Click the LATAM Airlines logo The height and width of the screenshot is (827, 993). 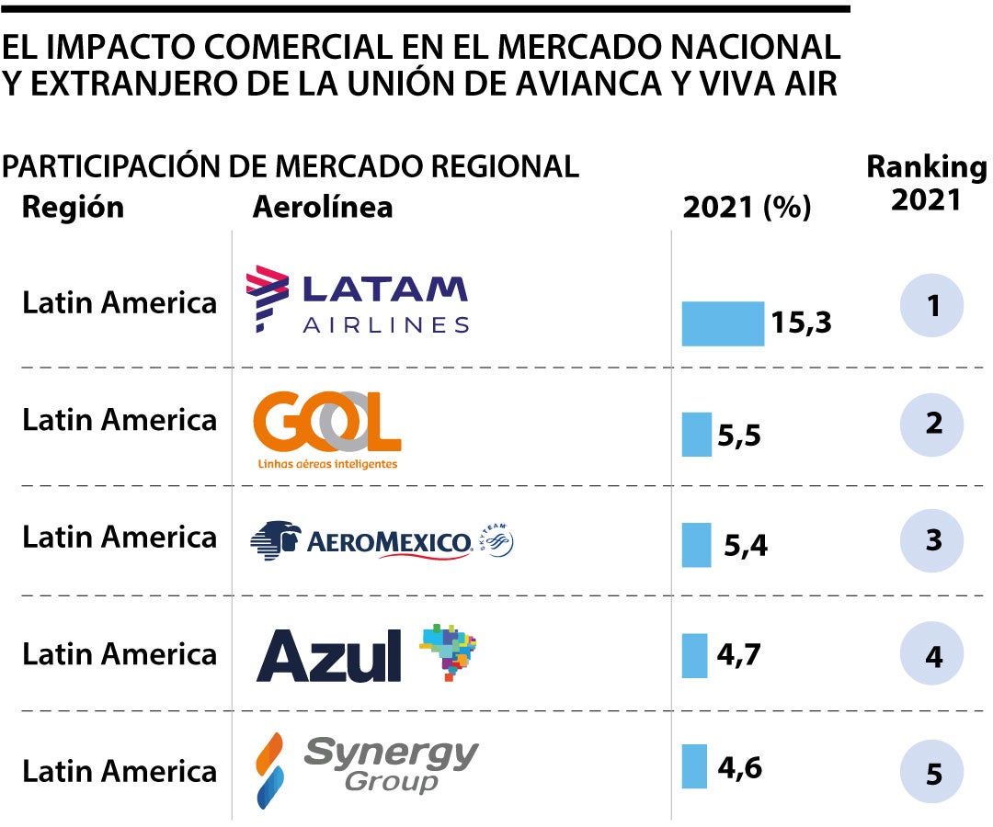point(359,300)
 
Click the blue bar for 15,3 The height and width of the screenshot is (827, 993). point(722,323)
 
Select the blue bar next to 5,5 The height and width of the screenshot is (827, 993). point(696,434)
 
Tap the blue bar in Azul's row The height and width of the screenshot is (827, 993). point(694,655)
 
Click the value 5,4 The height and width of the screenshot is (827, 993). point(745,546)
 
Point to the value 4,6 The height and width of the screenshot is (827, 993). point(739,766)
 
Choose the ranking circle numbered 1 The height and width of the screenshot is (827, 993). point(933,305)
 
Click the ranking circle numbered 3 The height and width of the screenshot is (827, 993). point(933,539)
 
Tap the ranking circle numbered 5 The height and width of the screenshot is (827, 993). point(933,775)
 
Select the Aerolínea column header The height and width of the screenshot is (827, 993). point(322,207)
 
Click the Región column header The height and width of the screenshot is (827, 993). point(73,207)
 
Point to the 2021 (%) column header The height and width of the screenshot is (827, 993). point(747,208)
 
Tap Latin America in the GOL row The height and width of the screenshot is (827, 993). point(120,420)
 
